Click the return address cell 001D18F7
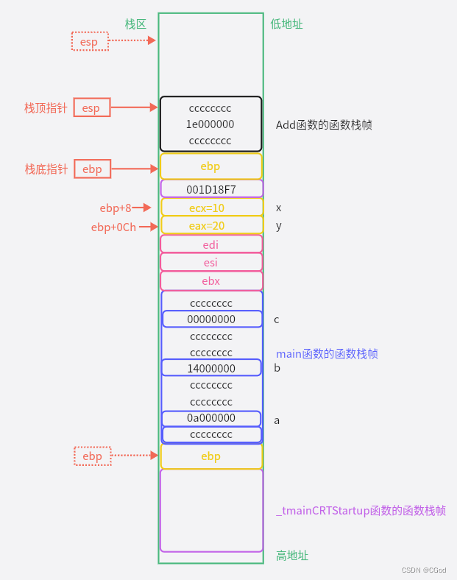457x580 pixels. tap(211, 189)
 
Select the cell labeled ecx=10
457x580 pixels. tap(211, 208)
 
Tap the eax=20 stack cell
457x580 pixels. tap(211, 225)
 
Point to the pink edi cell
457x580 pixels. tap(211, 244)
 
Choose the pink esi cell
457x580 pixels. tap(211, 262)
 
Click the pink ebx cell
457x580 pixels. tap(211, 280)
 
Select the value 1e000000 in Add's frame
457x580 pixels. tap(210, 124)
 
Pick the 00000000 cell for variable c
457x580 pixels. tap(211, 319)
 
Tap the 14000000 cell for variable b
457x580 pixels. tap(211, 368)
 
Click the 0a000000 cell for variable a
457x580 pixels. tap(211, 418)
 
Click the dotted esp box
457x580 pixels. tap(90, 41)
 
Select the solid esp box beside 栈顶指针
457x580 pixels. tap(91, 108)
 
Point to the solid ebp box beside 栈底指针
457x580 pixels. tap(92, 169)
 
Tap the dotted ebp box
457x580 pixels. tap(93, 456)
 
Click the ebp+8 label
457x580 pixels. tap(116, 208)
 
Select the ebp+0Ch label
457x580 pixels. tap(113, 227)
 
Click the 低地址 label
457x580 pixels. tap(286, 24)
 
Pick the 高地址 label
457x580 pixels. tap(292, 555)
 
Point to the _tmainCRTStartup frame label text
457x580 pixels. tap(361, 511)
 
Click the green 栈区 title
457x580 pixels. tap(135, 24)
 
